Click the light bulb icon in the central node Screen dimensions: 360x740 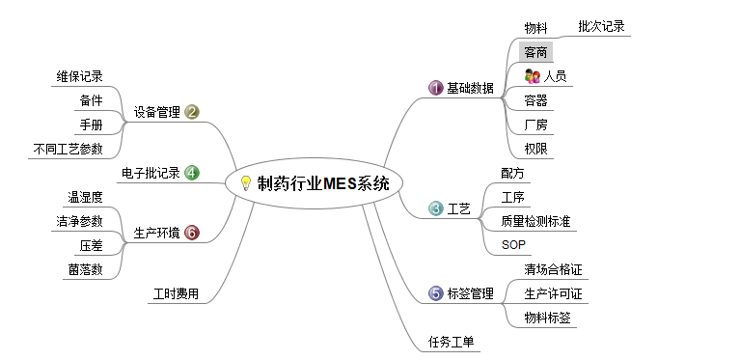pos(245,183)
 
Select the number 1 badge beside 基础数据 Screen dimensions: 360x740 pos(435,88)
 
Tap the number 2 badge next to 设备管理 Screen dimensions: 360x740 pos(192,112)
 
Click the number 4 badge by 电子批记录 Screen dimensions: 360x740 pos(192,174)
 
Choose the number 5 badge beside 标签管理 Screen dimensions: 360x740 pos(435,293)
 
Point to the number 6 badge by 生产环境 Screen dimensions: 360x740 pos(192,233)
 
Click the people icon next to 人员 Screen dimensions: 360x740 pos(531,75)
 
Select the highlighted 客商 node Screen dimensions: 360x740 pos(536,52)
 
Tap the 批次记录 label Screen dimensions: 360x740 pos(601,26)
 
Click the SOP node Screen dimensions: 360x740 pos(513,244)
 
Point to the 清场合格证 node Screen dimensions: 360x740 pos(553,268)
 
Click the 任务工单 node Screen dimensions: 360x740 pos(452,341)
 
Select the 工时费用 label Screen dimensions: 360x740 pos(177,293)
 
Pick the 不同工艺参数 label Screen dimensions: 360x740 pos(68,148)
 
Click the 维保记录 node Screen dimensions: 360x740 pos(79,76)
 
